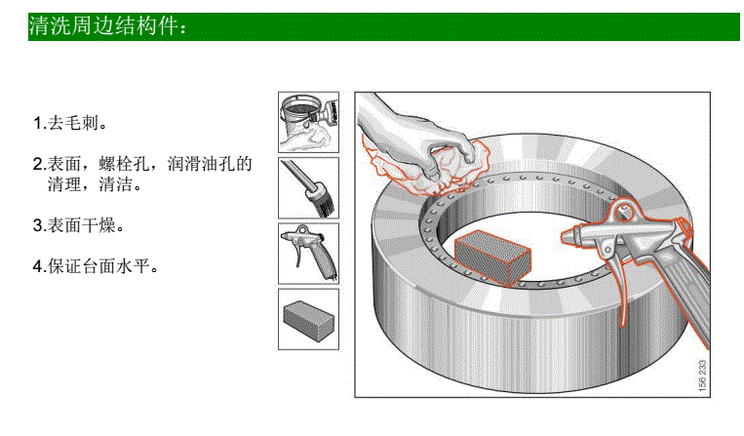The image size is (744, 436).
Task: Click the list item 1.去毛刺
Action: pyautogui.click(x=69, y=124)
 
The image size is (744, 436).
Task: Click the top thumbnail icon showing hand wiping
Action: pyautogui.click(x=308, y=122)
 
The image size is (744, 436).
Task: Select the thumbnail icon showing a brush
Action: pyautogui.click(x=308, y=187)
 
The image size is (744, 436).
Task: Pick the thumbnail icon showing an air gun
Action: pyautogui.click(x=308, y=253)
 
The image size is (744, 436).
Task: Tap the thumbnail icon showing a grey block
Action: pyautogui.click(x=308, y=318)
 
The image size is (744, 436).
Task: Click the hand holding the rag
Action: pyautogui.click(x=419, y=137)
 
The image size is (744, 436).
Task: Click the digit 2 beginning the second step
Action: pyautogui.click(x=37, y=164)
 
